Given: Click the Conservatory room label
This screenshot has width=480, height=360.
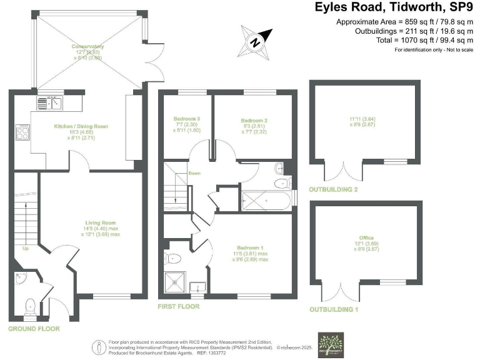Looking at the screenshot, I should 87,47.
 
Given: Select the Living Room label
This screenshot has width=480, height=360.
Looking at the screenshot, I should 101,222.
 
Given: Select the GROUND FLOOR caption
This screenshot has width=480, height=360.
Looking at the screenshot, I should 34,328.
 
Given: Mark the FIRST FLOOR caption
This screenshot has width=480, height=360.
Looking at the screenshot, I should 179,306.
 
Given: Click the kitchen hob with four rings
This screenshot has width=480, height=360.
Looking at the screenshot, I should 22,132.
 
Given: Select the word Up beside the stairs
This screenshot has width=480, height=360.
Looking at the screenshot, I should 26,248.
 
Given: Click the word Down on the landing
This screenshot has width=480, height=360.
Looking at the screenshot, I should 194,173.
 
